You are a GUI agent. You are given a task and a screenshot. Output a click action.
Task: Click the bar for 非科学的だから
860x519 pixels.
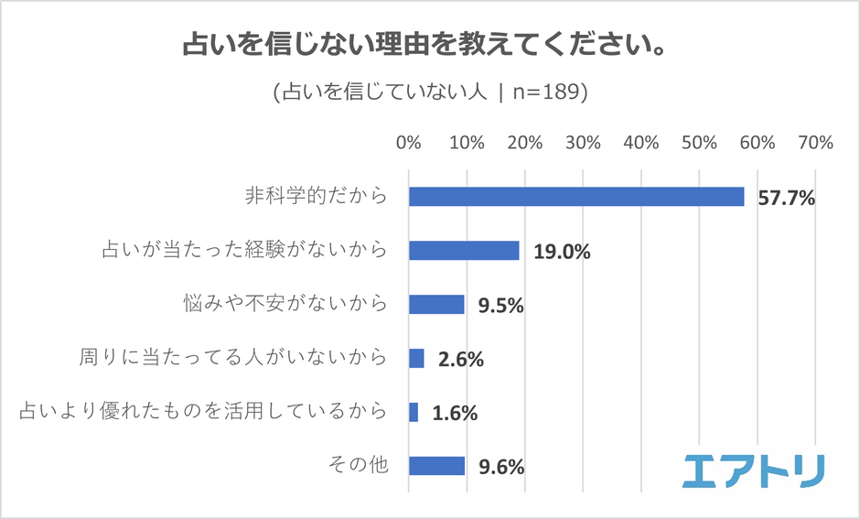[x=576, y=197]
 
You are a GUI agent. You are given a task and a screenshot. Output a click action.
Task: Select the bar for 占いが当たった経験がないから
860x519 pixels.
[x=464, y=251]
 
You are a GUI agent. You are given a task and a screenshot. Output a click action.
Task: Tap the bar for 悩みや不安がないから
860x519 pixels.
[x=436, y=305]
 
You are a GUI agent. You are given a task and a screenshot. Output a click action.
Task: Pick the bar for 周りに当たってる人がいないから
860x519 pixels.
[x=416, y=358]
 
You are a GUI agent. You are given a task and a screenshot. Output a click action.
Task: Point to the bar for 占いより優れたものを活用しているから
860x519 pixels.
[x=414, y=412]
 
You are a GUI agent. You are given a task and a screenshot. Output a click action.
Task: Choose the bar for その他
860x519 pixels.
[x=436, y=466]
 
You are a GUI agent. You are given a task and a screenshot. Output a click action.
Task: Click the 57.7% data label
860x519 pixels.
[x=786, y=198]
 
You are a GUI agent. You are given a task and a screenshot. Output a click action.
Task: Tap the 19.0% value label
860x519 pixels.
[x=561, y=252]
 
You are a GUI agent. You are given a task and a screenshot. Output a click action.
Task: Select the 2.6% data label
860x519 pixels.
[x=460, y=359]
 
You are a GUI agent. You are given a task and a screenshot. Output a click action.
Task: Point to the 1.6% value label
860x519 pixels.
[x=455, y=413]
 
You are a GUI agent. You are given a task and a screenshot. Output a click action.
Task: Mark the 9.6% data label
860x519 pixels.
[x=500, y=467]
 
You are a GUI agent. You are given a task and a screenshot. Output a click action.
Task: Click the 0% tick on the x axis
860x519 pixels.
[x=408, y=143]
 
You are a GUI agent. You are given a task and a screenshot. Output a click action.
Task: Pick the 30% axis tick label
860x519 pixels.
[x=583, y=143]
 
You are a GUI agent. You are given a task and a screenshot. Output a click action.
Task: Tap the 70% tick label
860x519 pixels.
[x=815, y=143]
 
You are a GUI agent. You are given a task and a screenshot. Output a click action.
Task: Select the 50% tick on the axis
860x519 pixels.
[x=699, y=143]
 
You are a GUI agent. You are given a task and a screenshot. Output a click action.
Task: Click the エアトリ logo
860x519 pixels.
[x=753, y=470]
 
